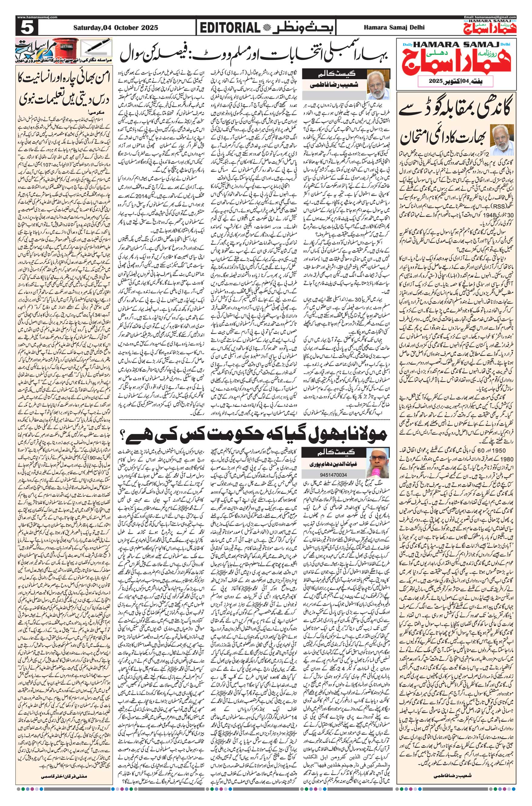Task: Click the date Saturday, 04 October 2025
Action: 116,28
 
